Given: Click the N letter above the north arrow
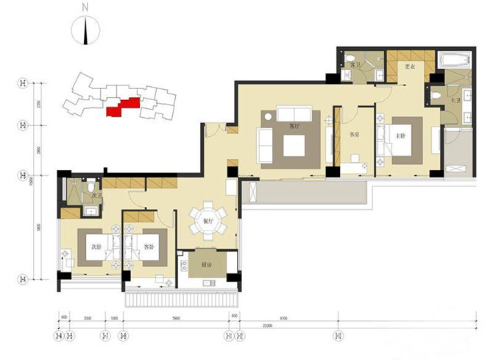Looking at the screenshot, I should pyautogui.click(x=86, y=8).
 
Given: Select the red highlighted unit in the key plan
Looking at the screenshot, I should pyautogui.click(x=121, y=107).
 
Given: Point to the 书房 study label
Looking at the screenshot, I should pyautogui.click(x=354, y=134).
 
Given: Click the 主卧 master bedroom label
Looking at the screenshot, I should pyautogui.click(x=401, y=135).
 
